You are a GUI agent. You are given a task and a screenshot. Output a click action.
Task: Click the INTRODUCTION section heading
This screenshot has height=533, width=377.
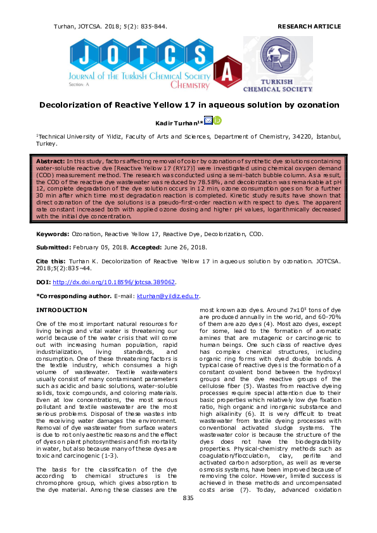[61, 310]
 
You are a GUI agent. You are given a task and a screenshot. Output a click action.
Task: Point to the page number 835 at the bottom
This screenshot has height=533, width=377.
[188, 517]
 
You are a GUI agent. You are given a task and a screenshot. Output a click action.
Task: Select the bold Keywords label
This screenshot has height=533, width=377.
[53, 234]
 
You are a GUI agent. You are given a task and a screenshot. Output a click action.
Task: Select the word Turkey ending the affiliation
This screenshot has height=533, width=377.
[49, 144]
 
